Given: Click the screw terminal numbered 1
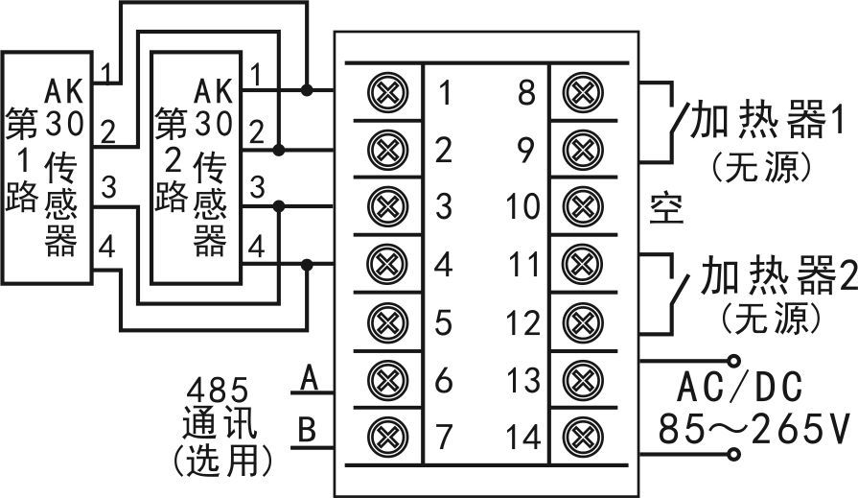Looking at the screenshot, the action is coord(388,91).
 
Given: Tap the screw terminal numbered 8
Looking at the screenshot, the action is coord(583,91).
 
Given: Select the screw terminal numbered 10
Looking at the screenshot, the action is coord(583,206).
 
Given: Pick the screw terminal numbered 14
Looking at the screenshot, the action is coord(583,437).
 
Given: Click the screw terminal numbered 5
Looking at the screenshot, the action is coord(388,321).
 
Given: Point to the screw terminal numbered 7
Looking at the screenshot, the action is coord(388,437).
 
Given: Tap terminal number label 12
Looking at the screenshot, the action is coord(522,322).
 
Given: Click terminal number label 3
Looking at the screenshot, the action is coord(443,206).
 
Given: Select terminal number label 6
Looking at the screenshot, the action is coord(443,379).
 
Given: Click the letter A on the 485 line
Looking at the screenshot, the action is coord(310,377).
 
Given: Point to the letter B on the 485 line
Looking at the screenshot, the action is coord(308,429).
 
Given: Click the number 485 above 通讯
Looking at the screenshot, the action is coord(218,391).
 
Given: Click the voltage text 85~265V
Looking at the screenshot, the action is coord(755,428).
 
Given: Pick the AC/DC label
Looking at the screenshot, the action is coord(739,387).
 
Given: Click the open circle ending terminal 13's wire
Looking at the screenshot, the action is coord(733,361).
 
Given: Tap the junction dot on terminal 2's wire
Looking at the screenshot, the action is coord(279,149).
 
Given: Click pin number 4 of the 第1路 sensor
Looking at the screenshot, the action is coord(107,246).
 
